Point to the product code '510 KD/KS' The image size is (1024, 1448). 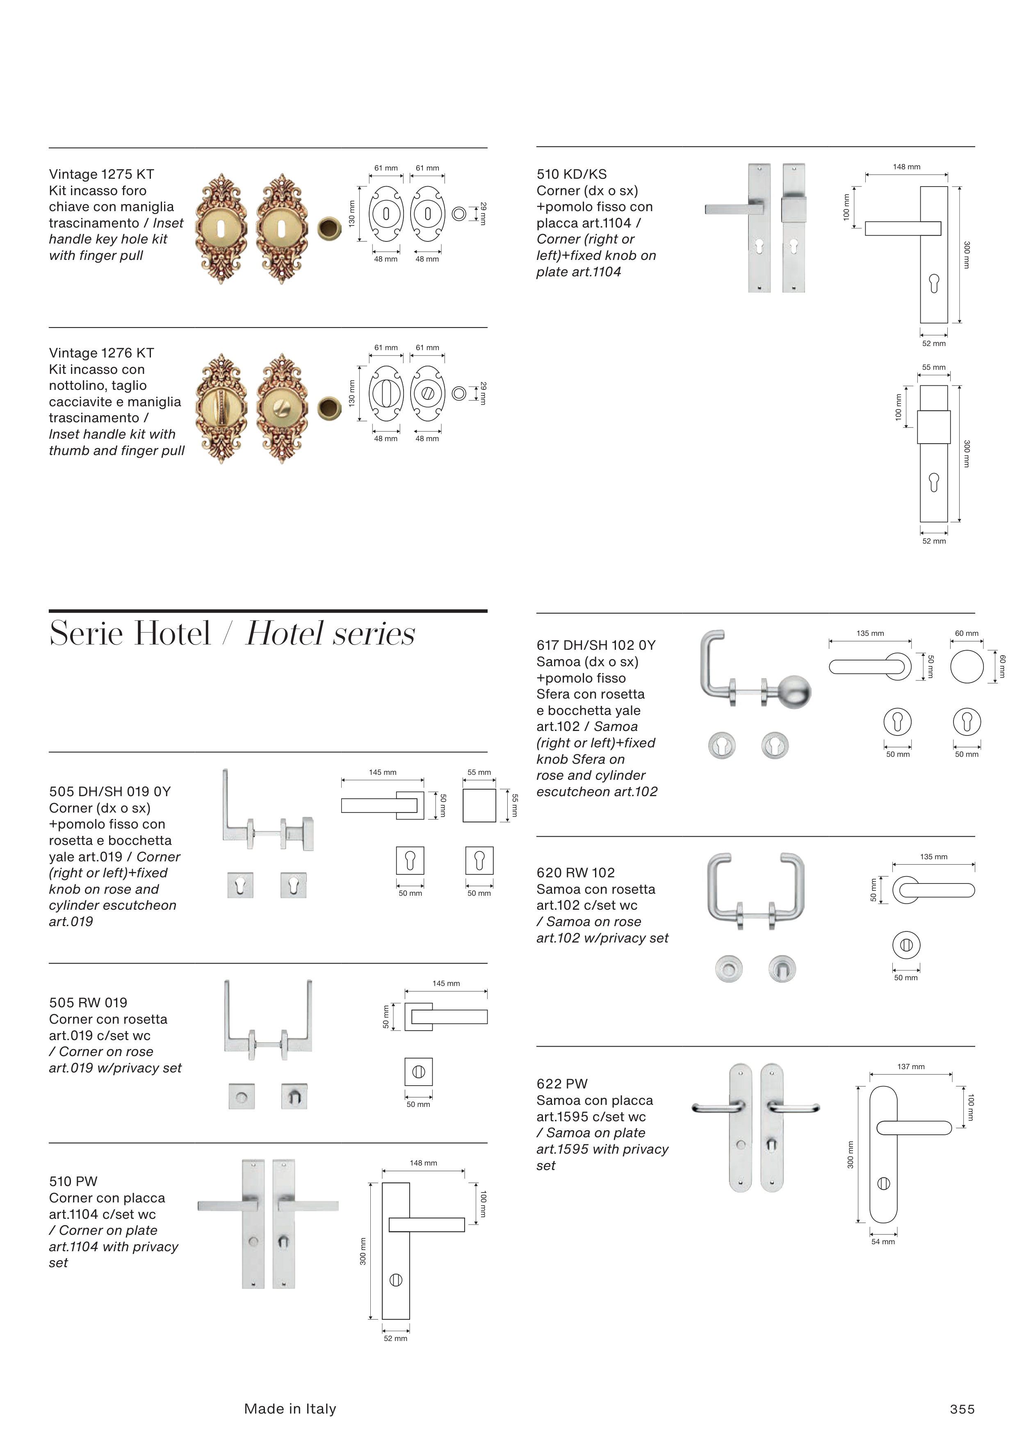(571, 174)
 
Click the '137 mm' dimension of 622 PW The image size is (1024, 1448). (910, 1066)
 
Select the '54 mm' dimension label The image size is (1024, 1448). (883, 1241)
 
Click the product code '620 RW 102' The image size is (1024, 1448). (575, 872)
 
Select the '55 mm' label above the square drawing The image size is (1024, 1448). (479, 772)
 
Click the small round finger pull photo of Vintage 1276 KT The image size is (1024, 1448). (329, 408)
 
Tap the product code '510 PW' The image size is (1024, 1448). (73, 1181)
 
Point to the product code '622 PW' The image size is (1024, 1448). (561, 1084)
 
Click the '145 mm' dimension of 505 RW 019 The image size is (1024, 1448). (446, 983)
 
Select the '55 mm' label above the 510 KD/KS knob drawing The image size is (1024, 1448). (934, 367)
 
